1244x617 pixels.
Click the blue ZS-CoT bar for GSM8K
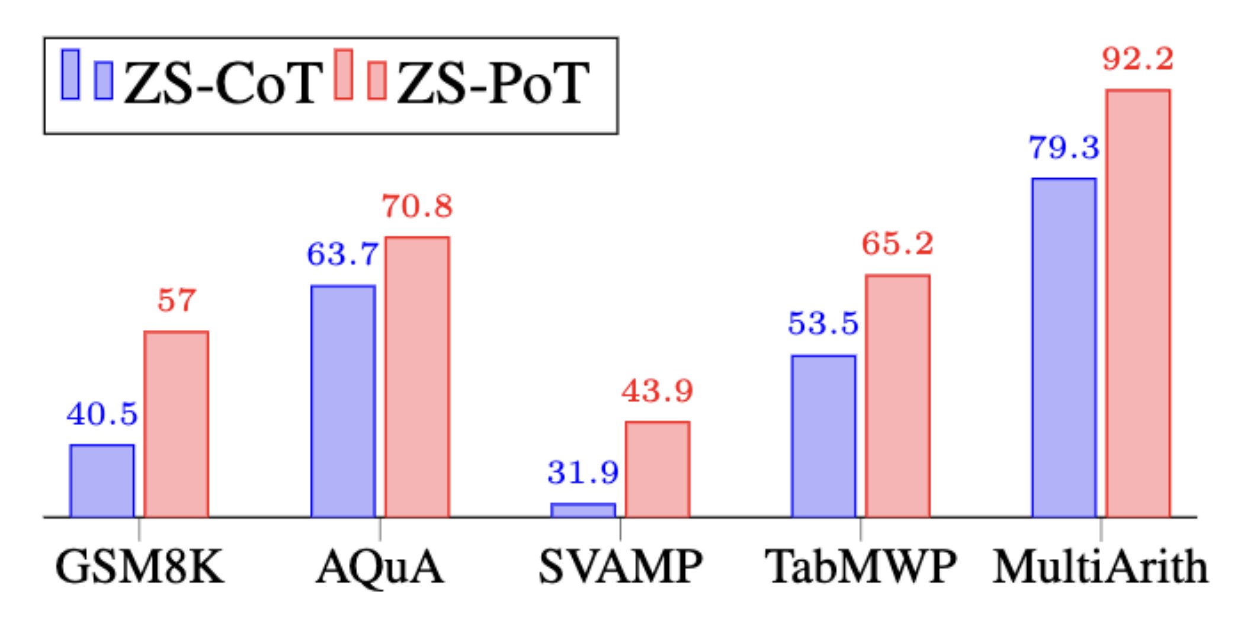pyautogui.click(x=102, y=481)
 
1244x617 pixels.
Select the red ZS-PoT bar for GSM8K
pyautogui.click(x=177, y=424)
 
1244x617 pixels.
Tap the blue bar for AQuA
pyautogui.click(x=343, y=401)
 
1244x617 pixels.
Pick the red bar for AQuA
pyautogui.click(x=418, y=377)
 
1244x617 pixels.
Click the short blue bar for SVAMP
pyautogui.click(x=583, y=510)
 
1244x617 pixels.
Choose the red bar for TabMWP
pyautogui.click(x=897, y=396)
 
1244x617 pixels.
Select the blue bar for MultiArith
pyautogui.click(x=1064, y=348)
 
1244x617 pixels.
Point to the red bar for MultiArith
pyautogui.click(x=1138, y=304)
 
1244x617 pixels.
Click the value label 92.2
pyautogui.click(x=1137, y=59)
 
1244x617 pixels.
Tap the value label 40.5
pyautogui.click(x=102, y=414)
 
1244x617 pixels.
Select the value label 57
pyautogui.click(x=177, y=300)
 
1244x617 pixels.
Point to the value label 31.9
pyautogui.click(x=583, y=473)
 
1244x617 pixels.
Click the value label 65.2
pyautogui.click(x=897, y=243)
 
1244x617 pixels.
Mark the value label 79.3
pyautogui.click(x=1063, y=147)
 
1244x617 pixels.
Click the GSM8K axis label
pyautogui.click(x=140, y=567)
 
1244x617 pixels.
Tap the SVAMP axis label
pyautogui.click(x=620, y=567)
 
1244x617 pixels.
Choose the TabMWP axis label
pyautogui.click(x=860, y=567)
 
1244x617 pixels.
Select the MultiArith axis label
pyautogui.click(x=1101, y=567)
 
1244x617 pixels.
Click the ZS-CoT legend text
pyautogui.click(x=223, y=83)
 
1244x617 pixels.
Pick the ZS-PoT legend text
pyautogui.click(x=493, y=83)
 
